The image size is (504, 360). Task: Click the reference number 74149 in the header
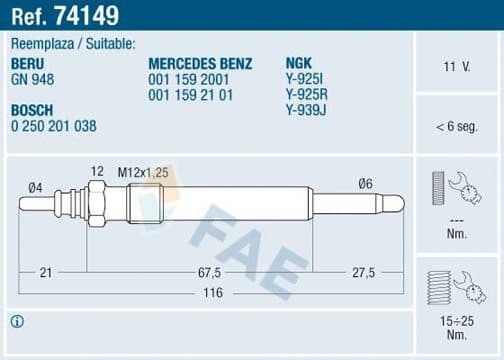click(x=89, y=16)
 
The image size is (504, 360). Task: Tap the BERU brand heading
click(x=28, y=63)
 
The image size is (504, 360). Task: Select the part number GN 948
click(x=34, y=78)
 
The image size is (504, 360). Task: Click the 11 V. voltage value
click(x=456, y=67)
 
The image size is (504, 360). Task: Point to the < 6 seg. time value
click(x=456, y=126)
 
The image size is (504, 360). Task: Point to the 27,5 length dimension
click(x=362, y=272)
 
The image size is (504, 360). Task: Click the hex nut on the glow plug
click(x=97, y=205)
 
